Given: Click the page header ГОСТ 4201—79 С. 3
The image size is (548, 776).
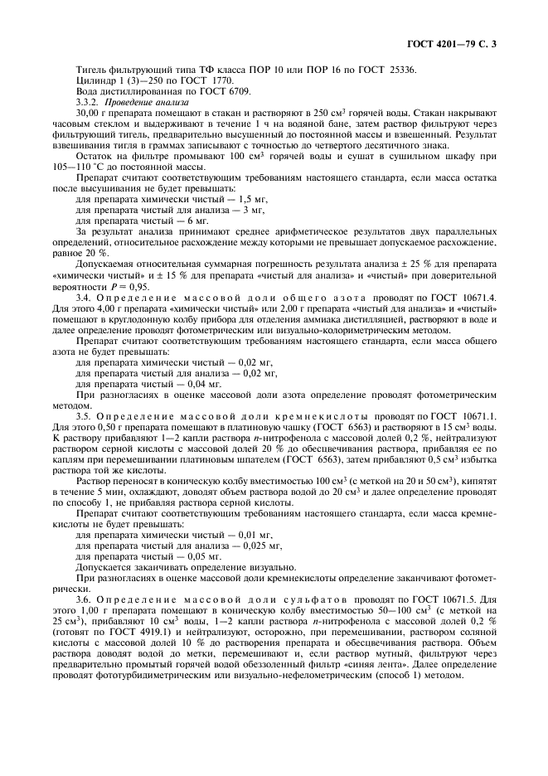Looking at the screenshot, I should [458, 41].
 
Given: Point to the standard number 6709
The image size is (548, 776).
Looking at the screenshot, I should [237, 91].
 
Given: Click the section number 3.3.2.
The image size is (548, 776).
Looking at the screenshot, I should [87, 101].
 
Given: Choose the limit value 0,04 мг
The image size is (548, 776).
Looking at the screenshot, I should [205, 384].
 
